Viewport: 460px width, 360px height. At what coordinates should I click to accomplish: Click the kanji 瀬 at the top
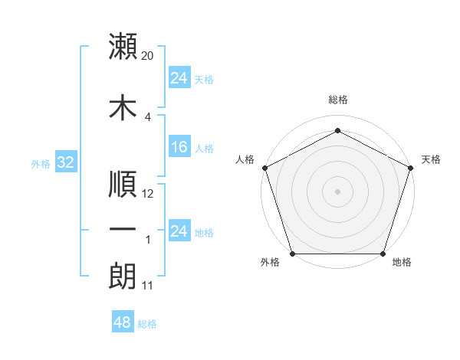click(x=123, y=47)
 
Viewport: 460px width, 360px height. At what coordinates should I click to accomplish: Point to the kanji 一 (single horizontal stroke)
click(x=123, y=229)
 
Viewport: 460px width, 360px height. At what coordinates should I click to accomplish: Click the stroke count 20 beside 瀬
click(x=149, y=56)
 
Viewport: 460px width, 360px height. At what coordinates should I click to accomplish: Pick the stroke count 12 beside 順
click(x=149, y=194)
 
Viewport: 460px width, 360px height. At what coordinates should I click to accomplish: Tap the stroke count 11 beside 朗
click(x=148, y=286)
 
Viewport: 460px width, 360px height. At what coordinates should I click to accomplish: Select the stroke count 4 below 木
click(x=148, y=116)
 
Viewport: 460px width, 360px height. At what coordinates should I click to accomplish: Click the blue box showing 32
click(x=65, y=162)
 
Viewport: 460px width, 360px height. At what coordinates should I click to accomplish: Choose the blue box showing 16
click(x=179, y=148)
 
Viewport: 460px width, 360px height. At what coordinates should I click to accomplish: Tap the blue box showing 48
click(x=123, y=322)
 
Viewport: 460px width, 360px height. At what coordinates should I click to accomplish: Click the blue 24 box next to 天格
click(x=179, y=78)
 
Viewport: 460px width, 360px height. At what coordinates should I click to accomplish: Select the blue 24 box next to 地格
click(x=179, y=231)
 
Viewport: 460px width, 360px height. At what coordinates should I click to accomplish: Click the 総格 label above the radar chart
click(x=337, y=100)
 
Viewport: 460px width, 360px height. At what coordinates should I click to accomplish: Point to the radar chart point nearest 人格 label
click(x=264, y=167)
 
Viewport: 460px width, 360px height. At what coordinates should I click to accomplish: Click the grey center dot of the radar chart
click(x=337, y=191)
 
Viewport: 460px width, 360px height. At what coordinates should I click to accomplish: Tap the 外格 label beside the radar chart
click(x=270, y=263)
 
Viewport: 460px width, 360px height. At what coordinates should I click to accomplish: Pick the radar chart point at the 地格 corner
click(x=383, y=254)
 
